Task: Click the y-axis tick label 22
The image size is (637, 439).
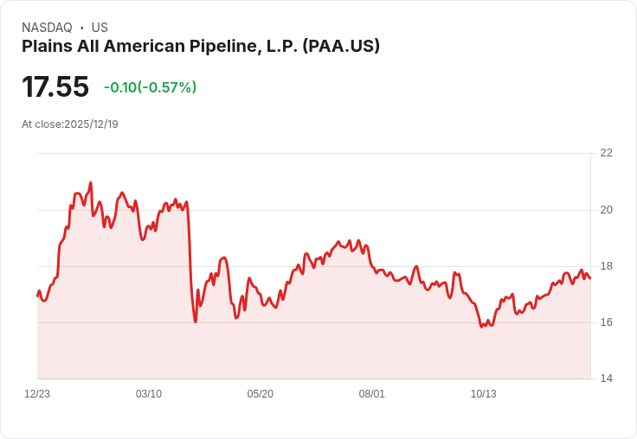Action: click(606, 153)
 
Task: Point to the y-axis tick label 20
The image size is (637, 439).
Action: click(606, 209)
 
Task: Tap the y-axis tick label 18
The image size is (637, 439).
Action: click(606, 266)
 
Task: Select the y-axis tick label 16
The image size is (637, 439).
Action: click(606, 322)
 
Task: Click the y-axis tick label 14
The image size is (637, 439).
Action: click(606, 379)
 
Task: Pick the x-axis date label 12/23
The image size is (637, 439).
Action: click(37, 394)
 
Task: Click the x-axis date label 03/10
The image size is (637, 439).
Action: click(149, 394)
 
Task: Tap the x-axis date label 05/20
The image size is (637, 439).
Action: click(261, 394)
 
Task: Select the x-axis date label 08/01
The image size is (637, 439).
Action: click(372, 394)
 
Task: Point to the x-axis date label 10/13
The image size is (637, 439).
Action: click(484, 394)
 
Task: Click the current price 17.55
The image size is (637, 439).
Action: click(55, 87)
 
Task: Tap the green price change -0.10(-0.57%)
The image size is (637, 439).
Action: click(150, 87)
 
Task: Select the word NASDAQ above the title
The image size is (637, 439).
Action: click(47, 28)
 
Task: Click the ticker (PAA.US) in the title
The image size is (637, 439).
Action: click(341, 47)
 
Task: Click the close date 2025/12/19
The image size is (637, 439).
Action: click(91, 124)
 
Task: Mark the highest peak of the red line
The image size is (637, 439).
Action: click(91, 183)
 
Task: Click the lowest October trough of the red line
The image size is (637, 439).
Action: click(482, 327)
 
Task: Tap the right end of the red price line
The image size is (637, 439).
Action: click(590, 278)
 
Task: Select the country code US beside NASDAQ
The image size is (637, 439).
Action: click(100, 28)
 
